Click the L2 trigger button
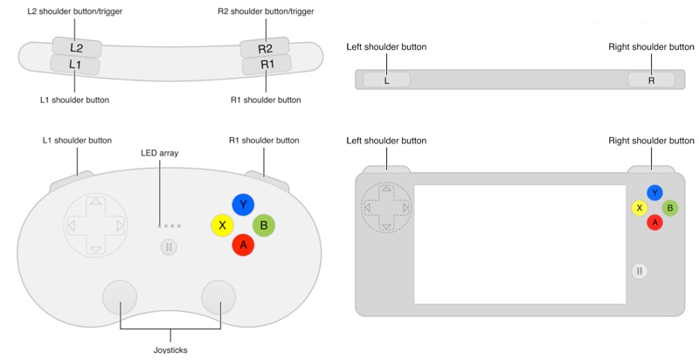click(x=76, y=47)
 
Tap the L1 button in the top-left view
click(x=75, y=65)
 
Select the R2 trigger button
click(x=266, y=48)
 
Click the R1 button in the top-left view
click(x=266, y=65)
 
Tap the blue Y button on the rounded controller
click(x=243, y=204)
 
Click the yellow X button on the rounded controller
click(x=222, y=225)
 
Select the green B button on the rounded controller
click(x=264, y=225)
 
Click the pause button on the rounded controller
click(x=170, y=247)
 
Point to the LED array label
click(x=159, y=153)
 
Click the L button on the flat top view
click(x=386, y=80)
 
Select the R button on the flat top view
click(x=651, y=80)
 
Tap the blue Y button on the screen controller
click(x=654, y=193)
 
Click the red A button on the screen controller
click(x=654, y=222)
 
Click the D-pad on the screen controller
click(x=384, y=208)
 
